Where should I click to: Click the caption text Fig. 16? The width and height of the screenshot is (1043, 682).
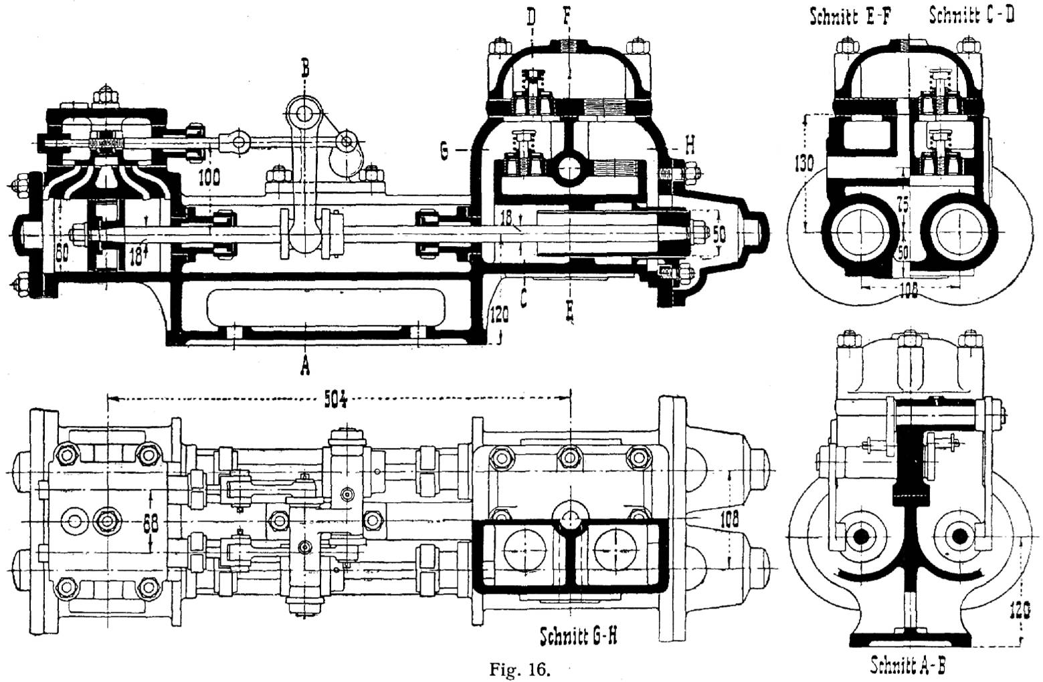tap(520, 669)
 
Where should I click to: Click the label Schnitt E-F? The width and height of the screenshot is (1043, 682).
tap(850, 17)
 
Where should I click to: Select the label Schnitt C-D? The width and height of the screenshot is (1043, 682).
tap(971, 15)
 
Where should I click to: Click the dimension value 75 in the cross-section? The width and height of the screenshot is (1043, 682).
tap(903, 205)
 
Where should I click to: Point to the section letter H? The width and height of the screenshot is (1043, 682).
tap(690, 145)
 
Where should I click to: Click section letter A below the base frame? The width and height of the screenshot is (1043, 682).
tap(305, 364)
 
